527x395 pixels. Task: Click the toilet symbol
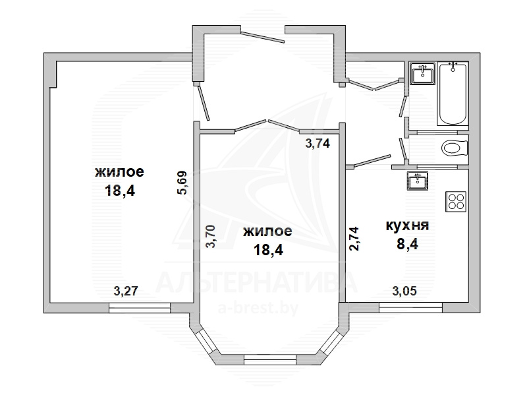[x=455, y=148]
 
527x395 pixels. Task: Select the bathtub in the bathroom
[x=453, y=93]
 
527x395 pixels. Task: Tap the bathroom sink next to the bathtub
[x=422, y=73]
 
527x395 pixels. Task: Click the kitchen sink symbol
[x=418, y=181]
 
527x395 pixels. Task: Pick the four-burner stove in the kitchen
[x=456, y=201]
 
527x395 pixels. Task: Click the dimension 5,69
[x=182, y=183]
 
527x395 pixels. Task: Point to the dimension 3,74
[x=318, y=144]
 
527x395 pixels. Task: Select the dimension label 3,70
[x=210, y=237]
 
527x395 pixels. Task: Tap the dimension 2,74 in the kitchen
[x=354, y=239]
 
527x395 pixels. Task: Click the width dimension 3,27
[x=126, y=291]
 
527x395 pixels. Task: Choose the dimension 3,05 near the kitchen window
[x=404, y=291]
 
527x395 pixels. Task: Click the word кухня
[x=407, y=225]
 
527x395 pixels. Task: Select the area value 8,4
[x=407, y=244]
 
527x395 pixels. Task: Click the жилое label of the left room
[x=119, y=172]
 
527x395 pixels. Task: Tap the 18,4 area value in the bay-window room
[x=268, y=250]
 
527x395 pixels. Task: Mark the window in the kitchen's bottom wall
[x=410, y=307]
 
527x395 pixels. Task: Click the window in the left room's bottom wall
[x=140, y=308]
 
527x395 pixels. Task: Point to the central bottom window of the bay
[x=270, y=359]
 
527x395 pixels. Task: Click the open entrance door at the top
[x=263, y=38]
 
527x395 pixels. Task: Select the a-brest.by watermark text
[x=258, y=308]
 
